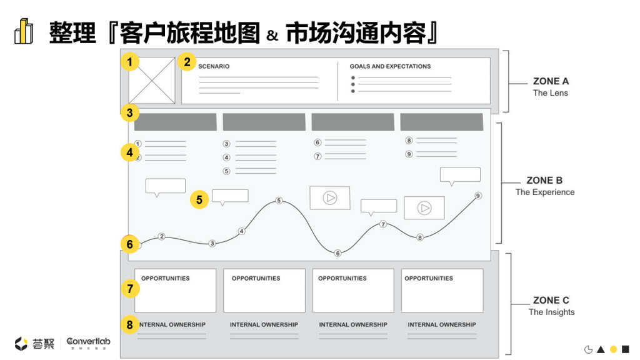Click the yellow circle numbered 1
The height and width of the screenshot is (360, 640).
pyautogui.click(x=129, y=62)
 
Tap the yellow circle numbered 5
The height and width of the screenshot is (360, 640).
pyautogui.click(x=199, y=200)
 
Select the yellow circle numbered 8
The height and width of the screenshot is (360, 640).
pyautogui.click(x=129, y=325)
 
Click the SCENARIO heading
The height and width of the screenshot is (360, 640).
pyautogui.click(x=214, y=66)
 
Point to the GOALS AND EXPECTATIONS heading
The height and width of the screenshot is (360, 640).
pyautogui.click(x=390, y=66)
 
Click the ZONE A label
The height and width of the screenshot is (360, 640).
pyautogui.click(x=551, y=81)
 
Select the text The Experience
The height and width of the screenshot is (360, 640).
pyautogui.click(x=545, y=192)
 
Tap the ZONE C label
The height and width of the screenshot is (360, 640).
pyautogui.click(x=551, y=301)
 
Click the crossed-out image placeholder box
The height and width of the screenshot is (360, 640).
pyautogui.click(x=152, y=81)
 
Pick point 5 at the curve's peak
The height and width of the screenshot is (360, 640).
pyautogui.click(x=279, y=201)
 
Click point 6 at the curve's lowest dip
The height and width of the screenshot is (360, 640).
pyautogui.click(x=337, y=253)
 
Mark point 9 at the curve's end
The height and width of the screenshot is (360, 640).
pyautogui.click(x=478, y=196)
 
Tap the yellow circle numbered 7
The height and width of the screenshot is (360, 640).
pyautogui.click(x=129, y=289)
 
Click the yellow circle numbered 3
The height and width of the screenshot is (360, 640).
pyautogui.click(x=129, y=113)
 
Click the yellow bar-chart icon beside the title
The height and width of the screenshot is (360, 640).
pyautogui.click(x=24, y=32)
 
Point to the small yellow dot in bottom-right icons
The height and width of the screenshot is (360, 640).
pyautogui.click(x=613, y=349)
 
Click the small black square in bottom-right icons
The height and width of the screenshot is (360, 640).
pyautogui.click(x=625, y=349)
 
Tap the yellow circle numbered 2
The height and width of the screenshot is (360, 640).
pyautogui.click(x=186, y=62)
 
